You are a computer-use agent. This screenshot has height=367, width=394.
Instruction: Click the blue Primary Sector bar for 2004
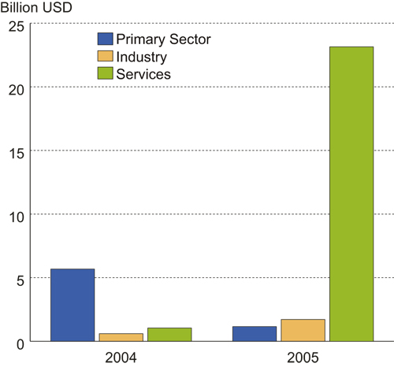[x=72, y=305]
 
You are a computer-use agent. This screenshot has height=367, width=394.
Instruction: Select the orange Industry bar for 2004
[x=121, y=337]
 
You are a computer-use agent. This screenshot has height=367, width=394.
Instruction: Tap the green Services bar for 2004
[x=169, y=335]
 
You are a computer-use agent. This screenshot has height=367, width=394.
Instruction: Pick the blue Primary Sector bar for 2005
[x=255, y=334]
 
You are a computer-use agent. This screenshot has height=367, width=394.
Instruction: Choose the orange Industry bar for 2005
[x=303, y=330]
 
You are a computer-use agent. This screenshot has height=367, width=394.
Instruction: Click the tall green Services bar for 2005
[x=351, y=194]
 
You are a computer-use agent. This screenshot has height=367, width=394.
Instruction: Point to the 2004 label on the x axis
[x=121, y=358]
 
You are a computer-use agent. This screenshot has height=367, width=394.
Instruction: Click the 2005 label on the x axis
[x=303, y=358]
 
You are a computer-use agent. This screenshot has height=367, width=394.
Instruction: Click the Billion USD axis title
[x=38, y=8]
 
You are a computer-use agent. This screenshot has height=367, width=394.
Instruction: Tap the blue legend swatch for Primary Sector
[x=105, y=39]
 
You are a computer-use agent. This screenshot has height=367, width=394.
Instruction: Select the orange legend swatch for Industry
[x=105, y=57]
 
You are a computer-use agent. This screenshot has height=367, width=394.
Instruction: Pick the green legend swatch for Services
[x=105, y=74]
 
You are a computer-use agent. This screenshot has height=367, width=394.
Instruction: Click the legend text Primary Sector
[x=163, y=39]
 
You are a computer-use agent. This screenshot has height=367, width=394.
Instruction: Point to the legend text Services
[x=143, y=74]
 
